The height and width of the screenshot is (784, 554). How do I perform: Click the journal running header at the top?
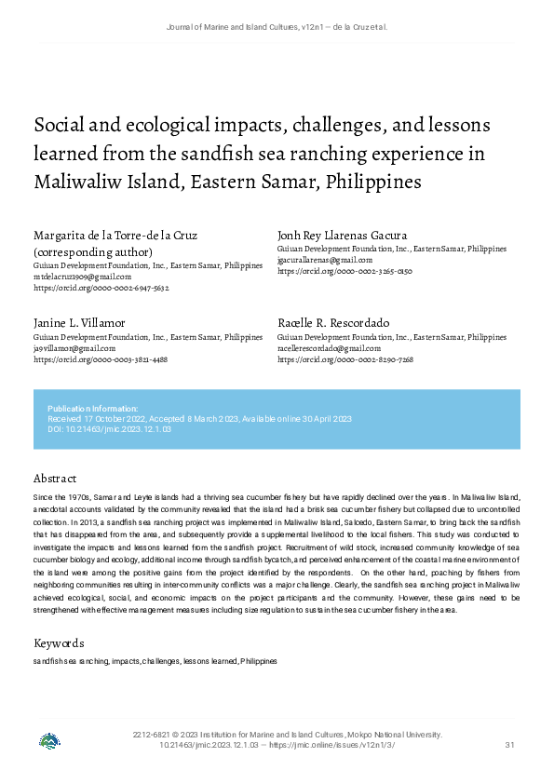[x=277, y=27]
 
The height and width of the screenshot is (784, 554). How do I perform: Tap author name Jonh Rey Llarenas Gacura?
[x=342, y=235]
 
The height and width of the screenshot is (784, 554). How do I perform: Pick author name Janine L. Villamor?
[x=79, y=322]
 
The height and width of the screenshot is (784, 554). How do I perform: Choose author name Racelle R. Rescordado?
[x=333, y=322]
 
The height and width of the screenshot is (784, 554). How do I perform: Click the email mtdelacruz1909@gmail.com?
[x=82, y=277]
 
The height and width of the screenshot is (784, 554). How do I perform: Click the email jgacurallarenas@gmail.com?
[x=325, y=261]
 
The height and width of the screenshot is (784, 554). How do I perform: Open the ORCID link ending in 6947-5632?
[x=101, y=289]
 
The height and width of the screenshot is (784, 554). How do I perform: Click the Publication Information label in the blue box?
[x=92, y=409]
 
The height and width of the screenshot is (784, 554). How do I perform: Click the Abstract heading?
[x=55, y=479]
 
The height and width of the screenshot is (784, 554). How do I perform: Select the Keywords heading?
[x=59, y=643]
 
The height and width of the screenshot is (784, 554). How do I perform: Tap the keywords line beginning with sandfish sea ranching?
[x=155, y=661]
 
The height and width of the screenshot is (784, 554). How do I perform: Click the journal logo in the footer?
[x=49, y=742]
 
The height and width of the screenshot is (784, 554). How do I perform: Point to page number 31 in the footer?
[x=509, y=745]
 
